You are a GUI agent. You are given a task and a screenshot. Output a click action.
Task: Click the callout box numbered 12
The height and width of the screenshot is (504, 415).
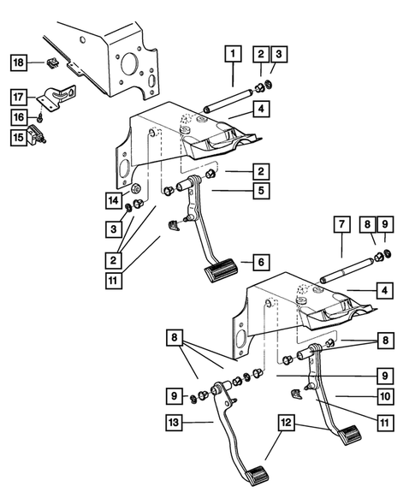pos(288,422)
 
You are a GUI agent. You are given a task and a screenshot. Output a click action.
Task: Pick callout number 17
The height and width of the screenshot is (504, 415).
pos(18,96)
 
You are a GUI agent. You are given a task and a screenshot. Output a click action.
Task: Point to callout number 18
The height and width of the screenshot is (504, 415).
pos(18,62)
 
